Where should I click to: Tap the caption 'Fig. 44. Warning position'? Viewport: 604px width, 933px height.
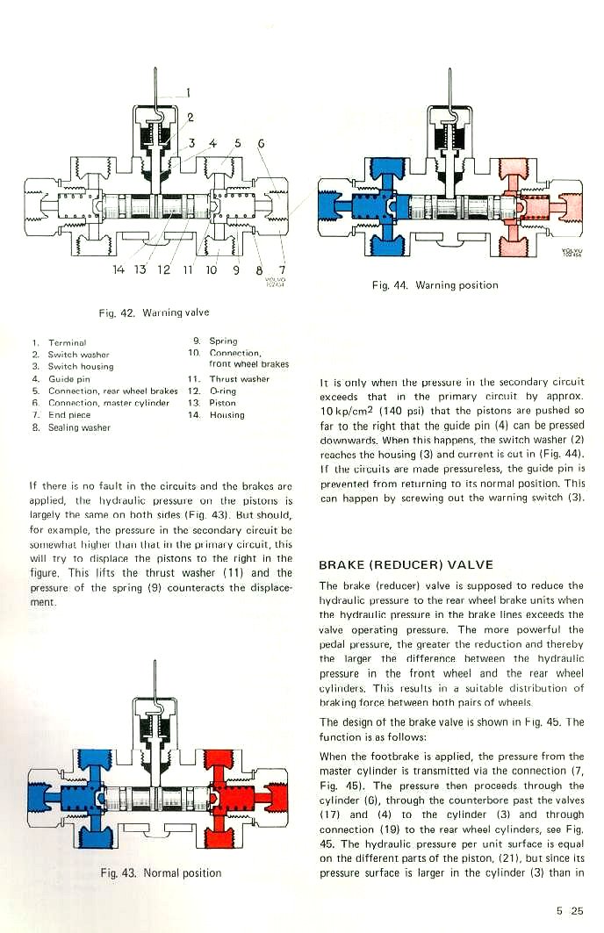435,284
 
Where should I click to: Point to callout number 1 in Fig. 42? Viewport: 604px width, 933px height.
187,90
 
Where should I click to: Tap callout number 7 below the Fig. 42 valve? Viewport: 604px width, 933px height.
282,269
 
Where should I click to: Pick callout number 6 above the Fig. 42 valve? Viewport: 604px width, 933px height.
261,143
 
